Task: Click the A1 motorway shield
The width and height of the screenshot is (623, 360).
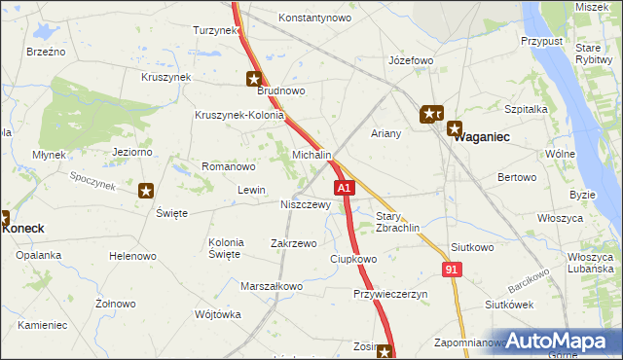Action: (x=343, y=187)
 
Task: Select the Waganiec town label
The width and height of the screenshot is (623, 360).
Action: (x=484, y=137)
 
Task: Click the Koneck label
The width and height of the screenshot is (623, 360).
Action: (x=23, y=228)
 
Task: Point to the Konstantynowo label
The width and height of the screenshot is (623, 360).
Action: (x=314, y=18)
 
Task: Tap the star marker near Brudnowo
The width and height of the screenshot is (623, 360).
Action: (x=254, y=79)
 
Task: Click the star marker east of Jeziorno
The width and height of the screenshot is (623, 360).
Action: (x=146, y=191)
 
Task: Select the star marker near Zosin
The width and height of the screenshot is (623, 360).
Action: (x=385, y=352)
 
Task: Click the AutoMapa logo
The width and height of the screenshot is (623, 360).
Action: (x=560, y=342)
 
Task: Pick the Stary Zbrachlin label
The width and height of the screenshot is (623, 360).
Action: (x=397, y=222)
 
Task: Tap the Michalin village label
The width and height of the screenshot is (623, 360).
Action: (x=312, y=156)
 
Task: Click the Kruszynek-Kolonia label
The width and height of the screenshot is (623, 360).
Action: (x=239, y=115)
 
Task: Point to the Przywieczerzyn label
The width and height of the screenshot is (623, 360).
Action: (x=390, y=293)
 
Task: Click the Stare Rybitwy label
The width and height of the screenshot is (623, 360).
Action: (x=587, y=53)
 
